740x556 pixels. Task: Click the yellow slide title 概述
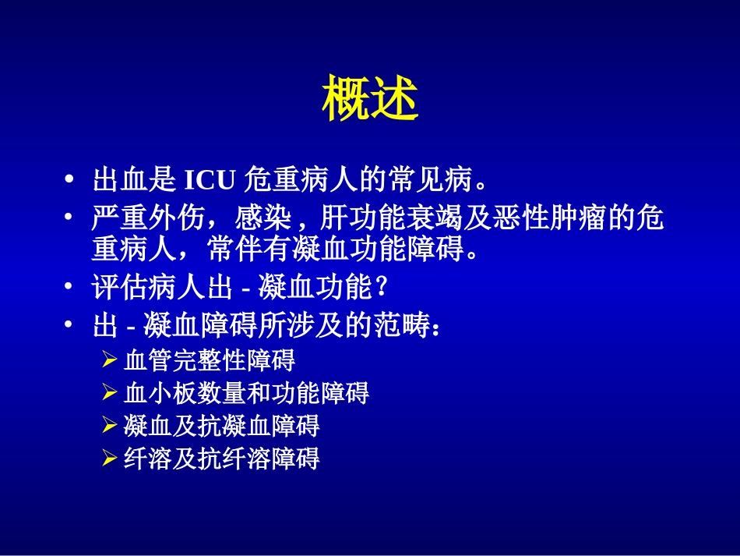tap(370, 98)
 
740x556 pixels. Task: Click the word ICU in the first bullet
tap(210, 181)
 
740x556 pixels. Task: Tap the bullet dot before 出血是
tap(70, 181)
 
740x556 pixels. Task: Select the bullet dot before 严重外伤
tap(70, 218)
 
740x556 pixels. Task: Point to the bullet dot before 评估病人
tap(70, 289)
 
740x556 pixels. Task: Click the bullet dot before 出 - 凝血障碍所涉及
tap(70, 326)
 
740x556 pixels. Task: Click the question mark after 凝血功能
tap(381, 289)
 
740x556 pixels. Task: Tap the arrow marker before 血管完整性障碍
tap(110, 361)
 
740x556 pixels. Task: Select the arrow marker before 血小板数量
tap(110, 393)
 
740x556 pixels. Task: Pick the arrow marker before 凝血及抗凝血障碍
tap(110, 426)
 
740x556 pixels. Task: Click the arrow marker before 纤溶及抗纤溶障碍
tap(110, 459)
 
